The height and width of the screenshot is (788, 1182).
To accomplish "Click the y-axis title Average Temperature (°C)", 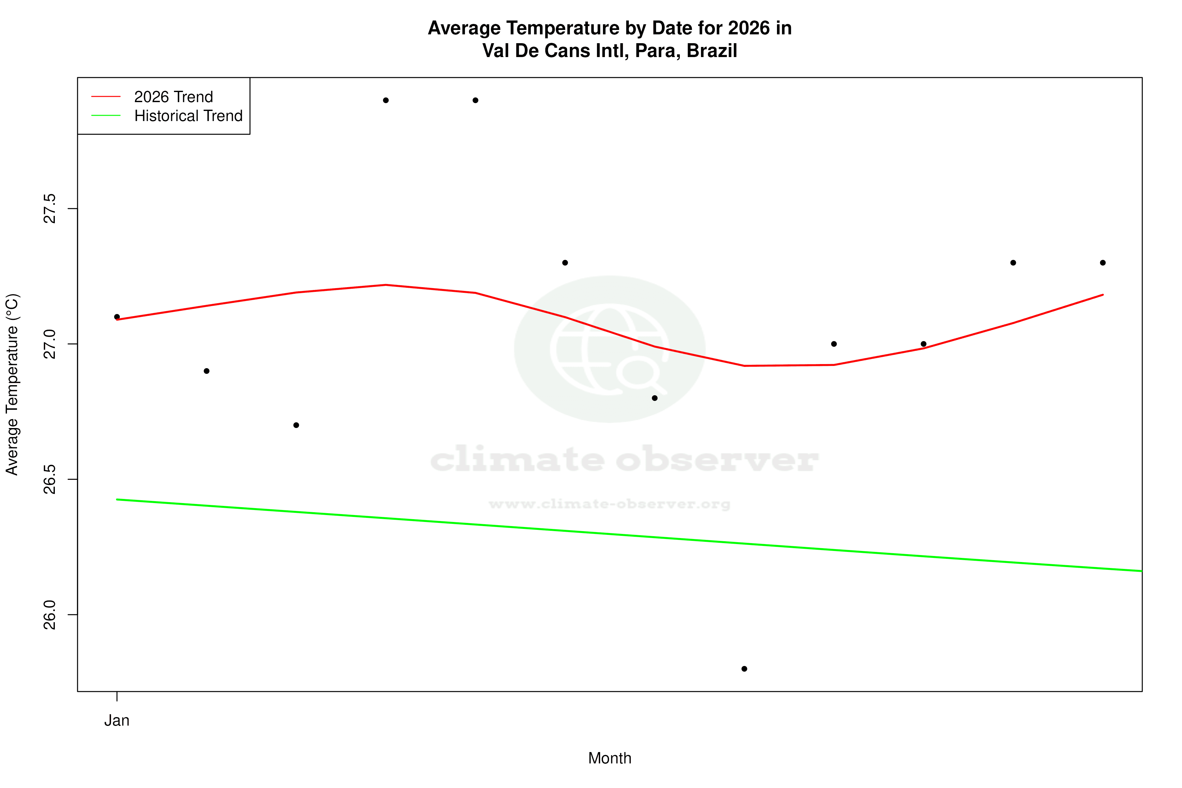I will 12,385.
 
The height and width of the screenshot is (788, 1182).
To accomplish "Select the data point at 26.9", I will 206,371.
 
